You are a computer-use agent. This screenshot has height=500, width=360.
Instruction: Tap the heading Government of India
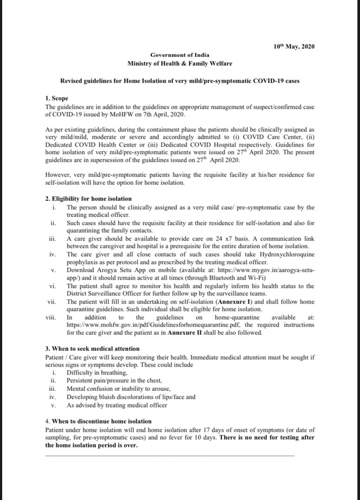pyautogui.click(x=180, y=55)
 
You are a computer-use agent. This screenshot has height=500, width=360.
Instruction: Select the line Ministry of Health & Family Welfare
pyautogui.click(x=180, y=63)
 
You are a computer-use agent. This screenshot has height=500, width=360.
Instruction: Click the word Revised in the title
pyautogui.click(x=70, y=81)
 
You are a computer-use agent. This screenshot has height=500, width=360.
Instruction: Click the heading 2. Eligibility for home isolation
pyautogui.click(x=82, y=199)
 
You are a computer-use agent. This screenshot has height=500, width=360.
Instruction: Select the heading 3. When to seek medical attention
pyautogui.click(x=93, y=349)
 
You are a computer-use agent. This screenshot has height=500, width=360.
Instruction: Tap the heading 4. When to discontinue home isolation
pyautogui.click(x=98, y=421)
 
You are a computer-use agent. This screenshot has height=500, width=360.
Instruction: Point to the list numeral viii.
pyautogui.click(x=50, y=317)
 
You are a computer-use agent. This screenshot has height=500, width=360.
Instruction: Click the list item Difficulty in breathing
pyautogui.click(x=97, y=373)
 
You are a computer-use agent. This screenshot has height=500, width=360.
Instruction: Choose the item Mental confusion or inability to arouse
pyautogui.click(x=118, y=389)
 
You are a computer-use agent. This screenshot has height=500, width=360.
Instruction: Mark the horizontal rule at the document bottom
pyautogui.click(x=170, y=455)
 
